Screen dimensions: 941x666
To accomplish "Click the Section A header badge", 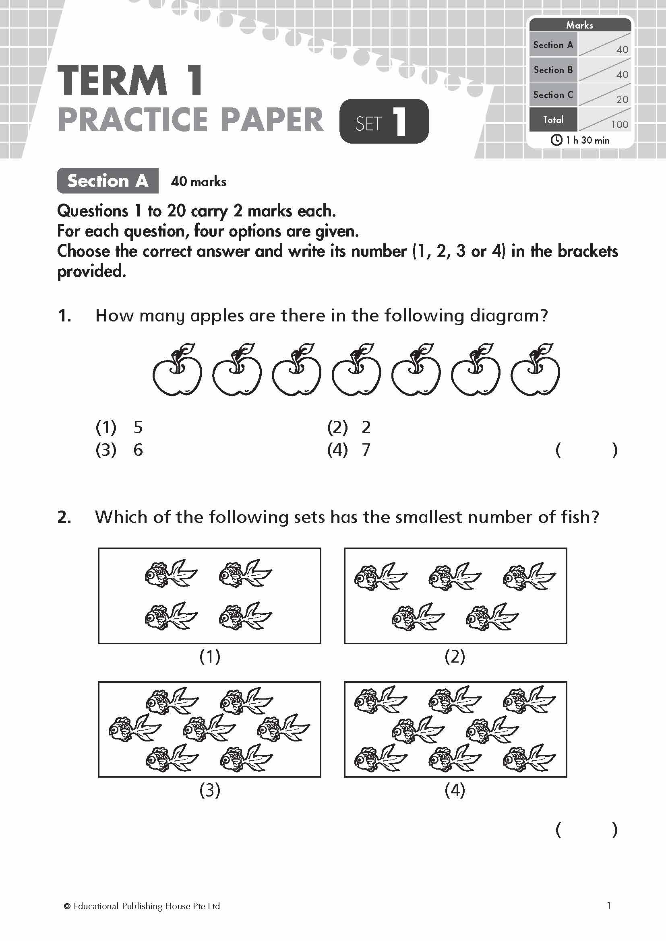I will pyautogui.click(x=108, y=181).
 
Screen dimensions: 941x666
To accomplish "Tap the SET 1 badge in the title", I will pyautogui.click(x=384, y=122).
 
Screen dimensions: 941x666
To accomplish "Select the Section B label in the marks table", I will pyautogui.click(x=553, y=70).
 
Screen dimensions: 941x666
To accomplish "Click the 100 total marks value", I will pyautogui.click(x=619, y=124).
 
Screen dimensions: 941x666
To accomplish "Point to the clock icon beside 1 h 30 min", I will pyautogui.click(x=556, y=140).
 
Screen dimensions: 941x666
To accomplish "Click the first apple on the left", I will pyautogui.click(x=177, y=371).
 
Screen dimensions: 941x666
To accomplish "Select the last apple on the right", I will pyautogui.click(x=535, y=371).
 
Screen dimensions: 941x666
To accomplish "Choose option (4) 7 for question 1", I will pyautogui.click(x=349, y=450).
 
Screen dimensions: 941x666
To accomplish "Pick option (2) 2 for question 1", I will pyautogui.click(x=349, y=428).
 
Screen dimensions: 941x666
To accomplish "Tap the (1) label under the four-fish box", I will pyautogui.click(x=209, y=657).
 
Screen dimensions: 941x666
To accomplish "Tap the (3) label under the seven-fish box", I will pyautogui.click(x=209, y=790).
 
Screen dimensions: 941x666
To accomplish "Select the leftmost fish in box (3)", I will pyautogui.click(x=135, y=729).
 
